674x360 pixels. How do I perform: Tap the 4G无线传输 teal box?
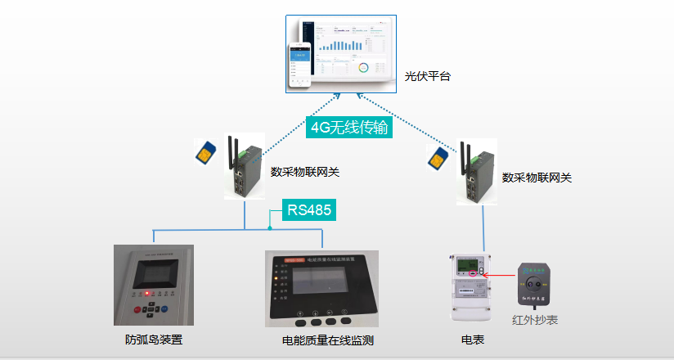coord(349,128)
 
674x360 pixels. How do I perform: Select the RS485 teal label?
coord(309,210)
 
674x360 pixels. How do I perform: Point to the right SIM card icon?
coord(439,155)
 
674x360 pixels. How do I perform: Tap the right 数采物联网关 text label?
coord(537,177)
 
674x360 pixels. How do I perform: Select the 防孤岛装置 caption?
coord(154,340)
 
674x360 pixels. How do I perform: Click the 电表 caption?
coord(474,340)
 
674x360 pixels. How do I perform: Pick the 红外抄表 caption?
coord(535,321)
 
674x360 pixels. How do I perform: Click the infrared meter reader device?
coord(535,284)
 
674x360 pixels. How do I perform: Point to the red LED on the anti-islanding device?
coord(146,292)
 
